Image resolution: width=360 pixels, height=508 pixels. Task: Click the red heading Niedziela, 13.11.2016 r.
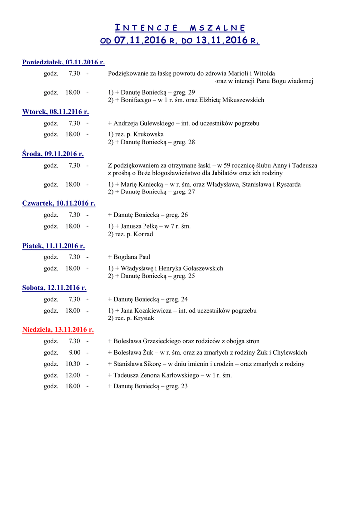[58, 329]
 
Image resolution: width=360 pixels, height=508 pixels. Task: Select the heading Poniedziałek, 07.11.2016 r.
[64, 62]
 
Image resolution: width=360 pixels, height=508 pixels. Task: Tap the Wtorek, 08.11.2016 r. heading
[56, 112]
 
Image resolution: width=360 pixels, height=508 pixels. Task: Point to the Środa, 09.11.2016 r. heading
[53, 154]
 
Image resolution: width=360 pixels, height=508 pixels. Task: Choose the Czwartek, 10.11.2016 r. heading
[59, 203]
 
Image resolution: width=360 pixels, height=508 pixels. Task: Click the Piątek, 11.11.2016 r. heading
[54, 246]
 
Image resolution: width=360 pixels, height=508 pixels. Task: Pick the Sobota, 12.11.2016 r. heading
[55, 288]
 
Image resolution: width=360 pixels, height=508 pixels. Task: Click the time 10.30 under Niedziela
[72, 364]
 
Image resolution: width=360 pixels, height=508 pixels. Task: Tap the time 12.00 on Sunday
[72, 375]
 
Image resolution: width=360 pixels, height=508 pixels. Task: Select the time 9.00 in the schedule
[74, 353]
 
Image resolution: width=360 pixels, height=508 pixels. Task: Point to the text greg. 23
[177, 386]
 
